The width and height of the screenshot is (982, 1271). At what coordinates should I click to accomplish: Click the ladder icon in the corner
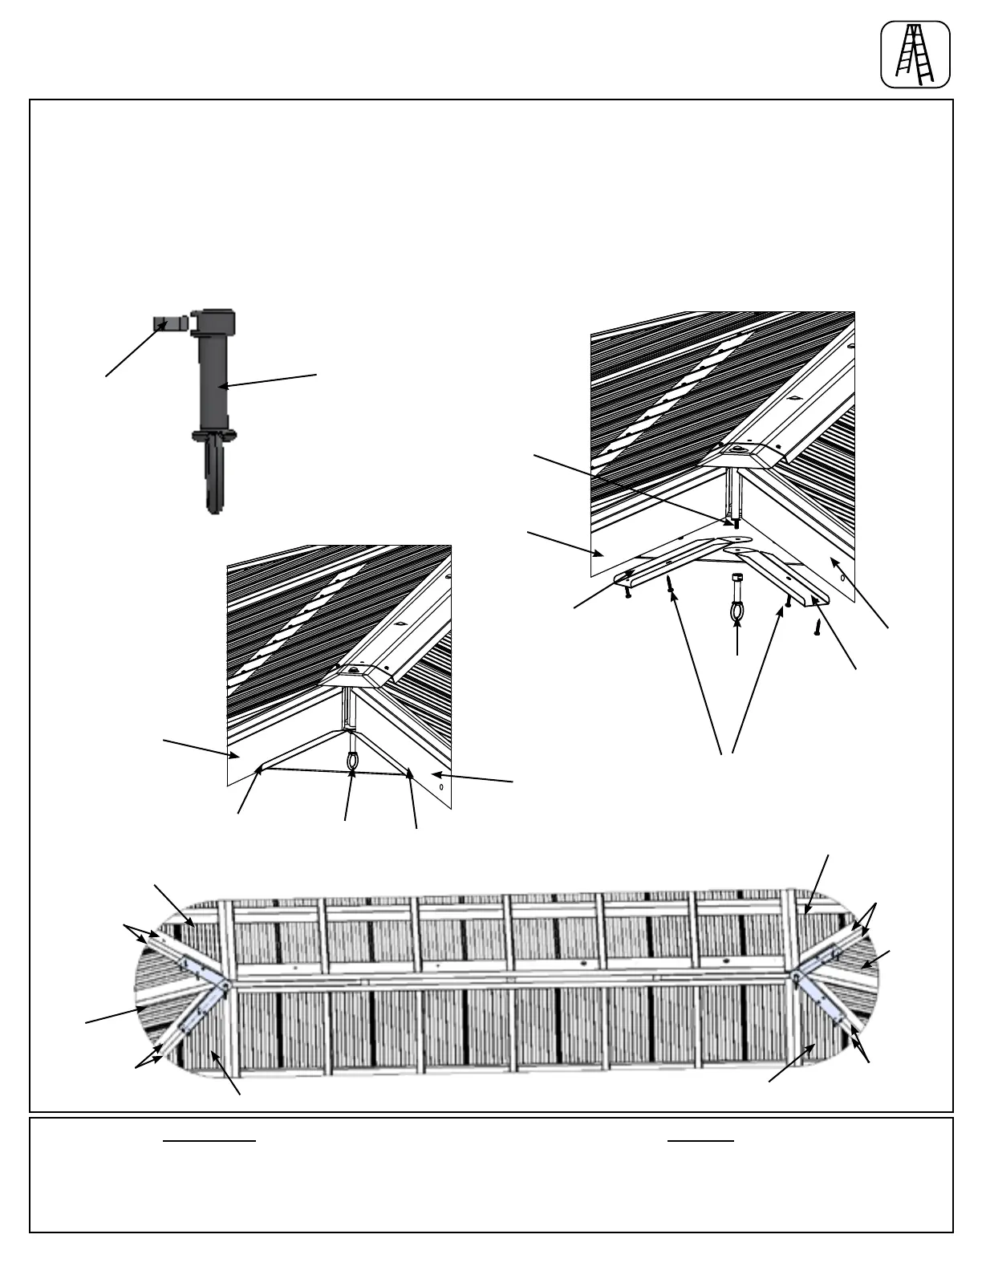coord(915,55)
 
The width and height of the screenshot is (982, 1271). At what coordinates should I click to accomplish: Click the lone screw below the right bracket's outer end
coord(817,627)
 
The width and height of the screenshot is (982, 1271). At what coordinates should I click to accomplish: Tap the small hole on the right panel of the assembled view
coord(442,786)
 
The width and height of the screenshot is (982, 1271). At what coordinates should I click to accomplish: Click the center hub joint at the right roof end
coord(794,977)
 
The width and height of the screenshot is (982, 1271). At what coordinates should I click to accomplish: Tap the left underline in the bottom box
coord(209,1140)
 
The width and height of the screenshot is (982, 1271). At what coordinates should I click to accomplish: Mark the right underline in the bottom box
coord(700,1140)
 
